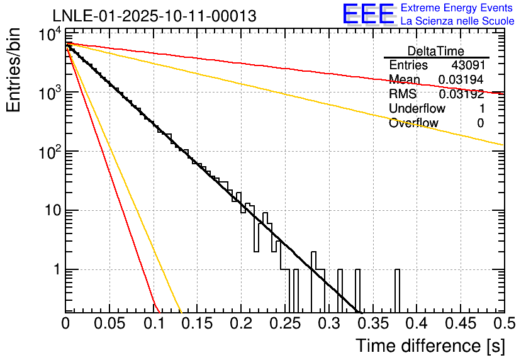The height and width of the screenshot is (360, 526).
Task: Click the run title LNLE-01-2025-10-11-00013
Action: pos(154,16)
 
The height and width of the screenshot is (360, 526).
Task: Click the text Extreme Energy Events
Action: pos(457,8)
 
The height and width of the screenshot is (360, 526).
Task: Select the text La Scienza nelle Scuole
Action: pos(457,21)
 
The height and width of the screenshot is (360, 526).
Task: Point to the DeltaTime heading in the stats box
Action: pos(436,51)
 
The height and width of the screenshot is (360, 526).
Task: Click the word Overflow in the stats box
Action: pos(413,123)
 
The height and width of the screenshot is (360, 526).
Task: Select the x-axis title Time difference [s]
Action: pos(429,346)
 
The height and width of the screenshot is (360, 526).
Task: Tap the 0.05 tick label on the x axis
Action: pos(109,323)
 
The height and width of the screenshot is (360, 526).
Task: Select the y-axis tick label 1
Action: pos(57,270)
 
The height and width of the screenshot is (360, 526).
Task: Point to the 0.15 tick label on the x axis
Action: pos(198,323)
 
